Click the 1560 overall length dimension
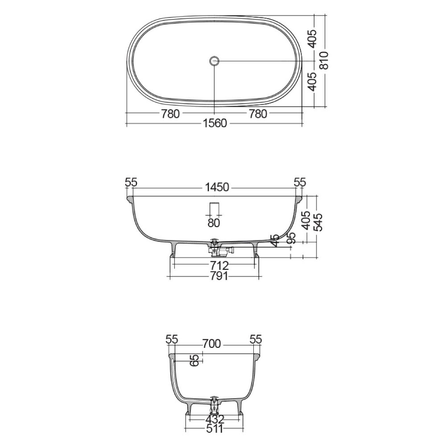click(215, 124)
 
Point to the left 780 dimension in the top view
click(170, 114)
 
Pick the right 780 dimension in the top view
click(257, 114)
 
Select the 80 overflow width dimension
click(215, 222)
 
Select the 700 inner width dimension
click(211, 343)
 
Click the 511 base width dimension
click(215, 429)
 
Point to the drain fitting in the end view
click(215, 405)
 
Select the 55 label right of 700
click(256, 339)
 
